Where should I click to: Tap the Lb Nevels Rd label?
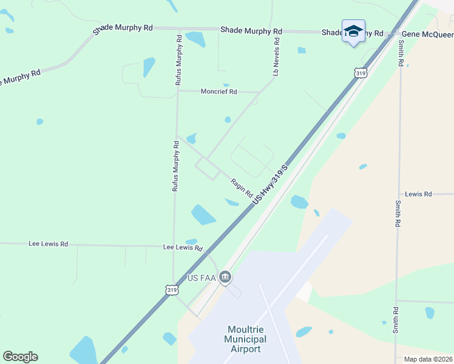tap(276, 57)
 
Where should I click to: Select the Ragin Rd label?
tap(242, 187)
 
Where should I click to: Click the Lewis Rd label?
tap(418, 194)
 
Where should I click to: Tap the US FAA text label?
tap(202, 278)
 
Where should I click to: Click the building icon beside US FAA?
tap(225, 278)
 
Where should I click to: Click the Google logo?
tap(20, 357)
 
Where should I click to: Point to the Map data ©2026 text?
tap(428, 359)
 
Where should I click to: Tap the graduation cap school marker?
tap(353, 30)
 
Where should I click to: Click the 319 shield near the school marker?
tap(361, 73)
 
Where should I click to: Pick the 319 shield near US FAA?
tap(172, 291)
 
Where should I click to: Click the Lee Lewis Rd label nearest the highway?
tap(183, 248)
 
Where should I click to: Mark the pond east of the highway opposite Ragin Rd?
tap(299, 201)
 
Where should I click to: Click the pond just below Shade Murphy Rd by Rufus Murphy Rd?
tap(196, 39)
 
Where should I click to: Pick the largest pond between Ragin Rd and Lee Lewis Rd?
tap(203, 214)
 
